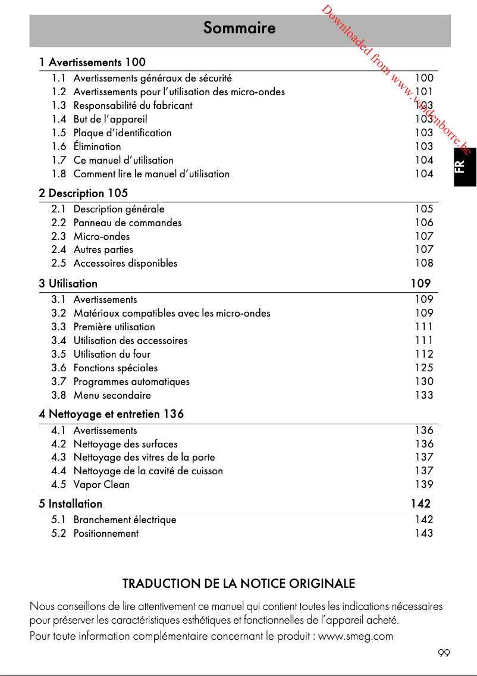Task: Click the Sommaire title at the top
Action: click(x=239, y=28)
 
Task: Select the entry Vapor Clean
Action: click(x=101, y=484)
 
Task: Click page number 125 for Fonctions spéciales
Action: click(x=424, y=368)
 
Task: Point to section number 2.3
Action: click(x=58, y=236)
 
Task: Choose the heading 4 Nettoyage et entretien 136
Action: click(x=111, y=414)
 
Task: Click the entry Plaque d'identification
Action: click(x=122, y=133)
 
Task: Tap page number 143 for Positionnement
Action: click(x=424, y=533)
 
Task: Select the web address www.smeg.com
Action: click(x=356, y=636)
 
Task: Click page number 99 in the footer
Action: click(x=444, y=653)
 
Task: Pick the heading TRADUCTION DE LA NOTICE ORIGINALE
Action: click(x=238, y=584)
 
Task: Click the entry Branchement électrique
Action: click(x=124, y=519)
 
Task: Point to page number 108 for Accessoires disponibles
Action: click(x=424, y=263)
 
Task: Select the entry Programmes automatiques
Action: click(x=131, y=381)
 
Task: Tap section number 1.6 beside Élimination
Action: click(x=58, y=146)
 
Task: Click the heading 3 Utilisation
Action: click(x=68, y=283)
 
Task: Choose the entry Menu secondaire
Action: click(x=112, y=395)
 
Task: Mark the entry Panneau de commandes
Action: click(x=127, y=223)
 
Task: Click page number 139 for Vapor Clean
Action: click(x=424, y=484)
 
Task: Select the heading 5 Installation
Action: click(x=70, y=503)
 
